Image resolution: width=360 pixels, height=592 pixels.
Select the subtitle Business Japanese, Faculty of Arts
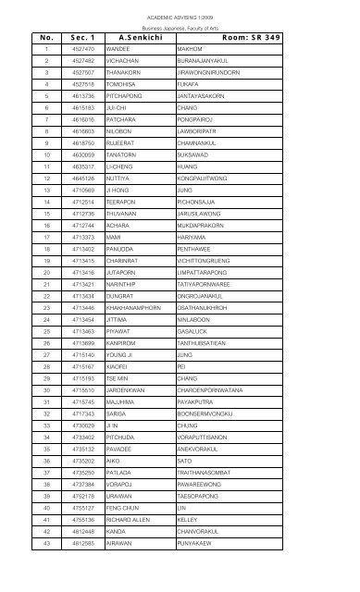point(180,28)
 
